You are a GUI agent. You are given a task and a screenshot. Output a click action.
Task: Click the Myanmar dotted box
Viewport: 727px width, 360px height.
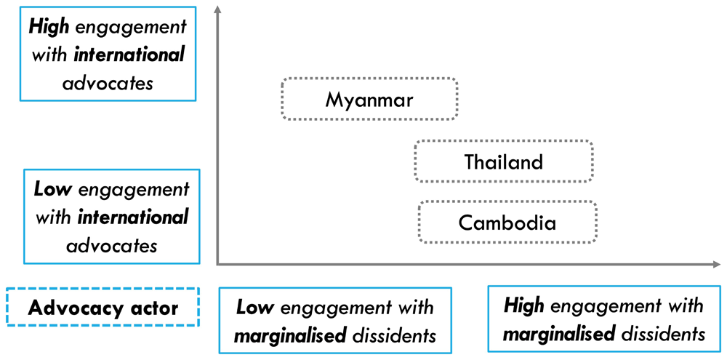point(369,79)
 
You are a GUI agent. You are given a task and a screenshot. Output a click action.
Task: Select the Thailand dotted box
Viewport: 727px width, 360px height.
point(504,140)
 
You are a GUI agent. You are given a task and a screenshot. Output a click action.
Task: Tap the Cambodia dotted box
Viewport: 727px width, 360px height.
point(507,201)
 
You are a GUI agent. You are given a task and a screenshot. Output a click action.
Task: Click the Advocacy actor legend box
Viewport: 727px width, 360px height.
point(103,289)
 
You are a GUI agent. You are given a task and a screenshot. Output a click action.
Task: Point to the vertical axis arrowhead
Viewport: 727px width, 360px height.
point(217,11)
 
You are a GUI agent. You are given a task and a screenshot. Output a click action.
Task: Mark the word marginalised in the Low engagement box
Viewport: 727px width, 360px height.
point(290,336)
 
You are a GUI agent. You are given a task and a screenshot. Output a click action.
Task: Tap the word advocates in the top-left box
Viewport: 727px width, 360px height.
point(107,84)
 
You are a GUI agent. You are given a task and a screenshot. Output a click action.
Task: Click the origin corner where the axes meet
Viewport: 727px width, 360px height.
point(217,265)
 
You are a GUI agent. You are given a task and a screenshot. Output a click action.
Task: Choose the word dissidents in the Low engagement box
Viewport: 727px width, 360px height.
point(394,336)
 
